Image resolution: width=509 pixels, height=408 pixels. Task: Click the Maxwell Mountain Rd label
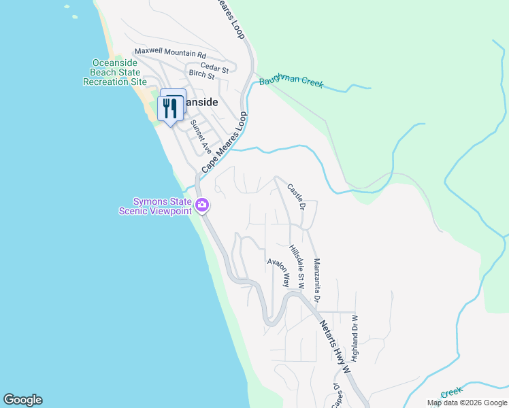(x=170, y=52)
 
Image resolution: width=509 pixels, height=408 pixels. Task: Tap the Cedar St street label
(x=214, y=68)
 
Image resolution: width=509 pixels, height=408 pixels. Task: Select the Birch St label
(x=201, y=75)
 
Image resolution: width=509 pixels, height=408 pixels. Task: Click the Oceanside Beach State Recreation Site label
(x=115, y=72)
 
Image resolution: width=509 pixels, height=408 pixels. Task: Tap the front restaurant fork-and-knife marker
(x=169, y=109)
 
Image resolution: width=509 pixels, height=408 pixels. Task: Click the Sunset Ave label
(x=201, y=137)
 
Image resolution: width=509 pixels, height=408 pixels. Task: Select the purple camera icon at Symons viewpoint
(x=202, y=205)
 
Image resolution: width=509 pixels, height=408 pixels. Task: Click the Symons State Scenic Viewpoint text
(x=161, y=206)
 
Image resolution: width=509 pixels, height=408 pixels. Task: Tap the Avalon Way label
(x=278, y=272)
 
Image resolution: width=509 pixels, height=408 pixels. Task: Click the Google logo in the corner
(x=22, y=400)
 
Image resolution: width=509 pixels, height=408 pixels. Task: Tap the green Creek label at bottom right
(x=451, y=392)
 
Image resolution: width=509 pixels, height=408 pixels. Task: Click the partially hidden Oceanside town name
(x=202, y=102)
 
